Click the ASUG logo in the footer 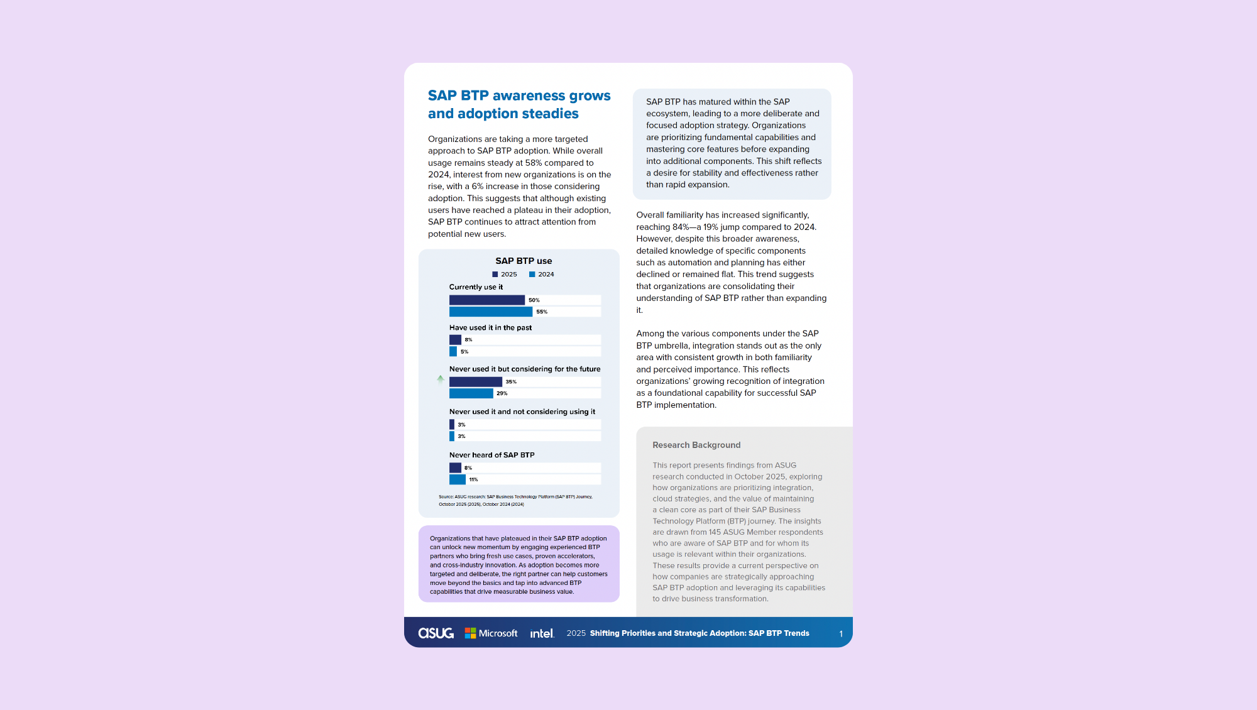[436, 633]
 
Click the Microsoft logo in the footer [491, 633]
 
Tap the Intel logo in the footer [542, 633]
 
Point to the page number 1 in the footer [841, 634]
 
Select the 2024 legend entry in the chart [541, 275]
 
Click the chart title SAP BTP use [524, 261]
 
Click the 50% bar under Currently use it [486, 300]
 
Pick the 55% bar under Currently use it [490, 312]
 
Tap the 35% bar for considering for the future [475, 382]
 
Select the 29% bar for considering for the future [471, 393]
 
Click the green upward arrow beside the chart [441, 379]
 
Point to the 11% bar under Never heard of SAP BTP [457, 479]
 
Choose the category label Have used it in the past [490, 328]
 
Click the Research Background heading [696, 445]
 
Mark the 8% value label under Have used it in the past [468, 340]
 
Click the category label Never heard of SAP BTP [491, 455]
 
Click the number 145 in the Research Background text [715, 532]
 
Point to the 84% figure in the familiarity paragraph [681, 227]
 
